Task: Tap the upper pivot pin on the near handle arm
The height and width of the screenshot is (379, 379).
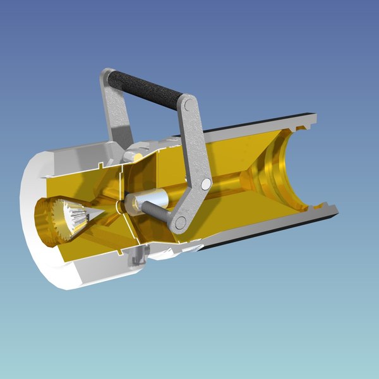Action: click(205, 184)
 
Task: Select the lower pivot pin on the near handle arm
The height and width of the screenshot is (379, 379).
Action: click(180, 222)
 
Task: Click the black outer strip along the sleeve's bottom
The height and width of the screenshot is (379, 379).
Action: click(265, 234)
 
